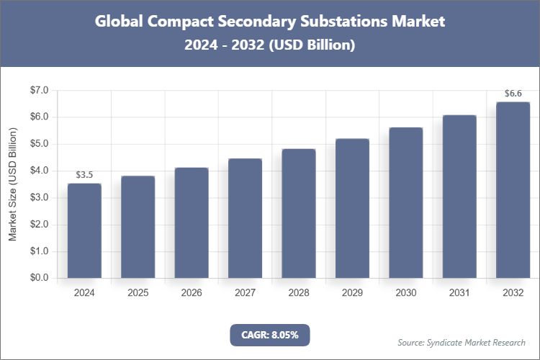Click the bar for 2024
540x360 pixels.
[84, 230]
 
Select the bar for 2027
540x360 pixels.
[245, 218]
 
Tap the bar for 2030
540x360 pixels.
[405, 202]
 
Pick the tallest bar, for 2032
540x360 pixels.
[513, 189]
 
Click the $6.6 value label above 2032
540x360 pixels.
[513, 94]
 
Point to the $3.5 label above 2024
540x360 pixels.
[84, 175]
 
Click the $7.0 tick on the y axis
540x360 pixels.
[38, 90]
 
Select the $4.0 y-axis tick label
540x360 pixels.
[38, 171]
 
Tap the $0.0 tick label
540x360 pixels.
[38, 278]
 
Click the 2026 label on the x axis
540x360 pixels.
[192, 293]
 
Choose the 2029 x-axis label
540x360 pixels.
[352, 293]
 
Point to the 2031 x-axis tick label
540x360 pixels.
[459, 293]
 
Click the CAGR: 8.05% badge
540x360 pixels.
[269, 335]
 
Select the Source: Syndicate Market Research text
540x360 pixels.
[462, 342]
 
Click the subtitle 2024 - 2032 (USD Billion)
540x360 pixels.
[270, 45]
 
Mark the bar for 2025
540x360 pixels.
[138, 227]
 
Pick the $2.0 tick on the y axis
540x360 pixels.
[38, 225]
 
